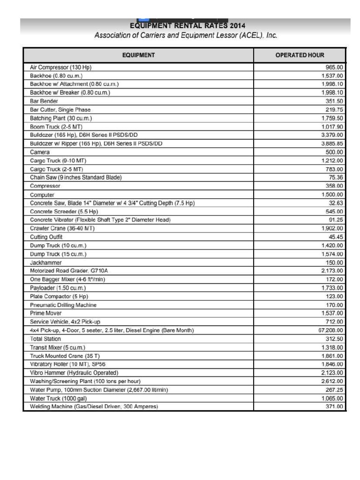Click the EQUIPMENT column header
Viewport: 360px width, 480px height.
click(138, 55)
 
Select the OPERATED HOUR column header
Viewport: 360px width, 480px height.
click(300, 55)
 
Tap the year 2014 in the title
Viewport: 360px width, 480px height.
click(237, 26)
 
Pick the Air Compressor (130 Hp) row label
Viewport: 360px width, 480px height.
click(60, 67)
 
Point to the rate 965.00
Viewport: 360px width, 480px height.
click(334, 67)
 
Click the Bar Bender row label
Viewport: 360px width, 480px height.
click(44, 101)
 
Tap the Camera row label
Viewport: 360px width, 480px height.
click(40, 152)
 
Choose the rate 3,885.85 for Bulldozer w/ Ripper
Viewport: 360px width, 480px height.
click(332, 144)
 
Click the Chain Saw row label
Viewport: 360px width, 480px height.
click(75, 178)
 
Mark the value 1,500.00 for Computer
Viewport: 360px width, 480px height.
click(332, 195)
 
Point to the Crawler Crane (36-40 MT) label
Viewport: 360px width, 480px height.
click(62, 228)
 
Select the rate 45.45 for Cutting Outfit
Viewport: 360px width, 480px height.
click(336, 237)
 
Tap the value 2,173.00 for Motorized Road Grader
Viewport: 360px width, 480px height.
click(332, 271)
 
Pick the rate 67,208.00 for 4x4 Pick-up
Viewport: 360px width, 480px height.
click(330, 330)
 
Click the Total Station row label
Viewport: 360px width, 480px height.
click(45, 339)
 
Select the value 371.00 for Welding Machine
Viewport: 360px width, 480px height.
click(334, 407)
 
